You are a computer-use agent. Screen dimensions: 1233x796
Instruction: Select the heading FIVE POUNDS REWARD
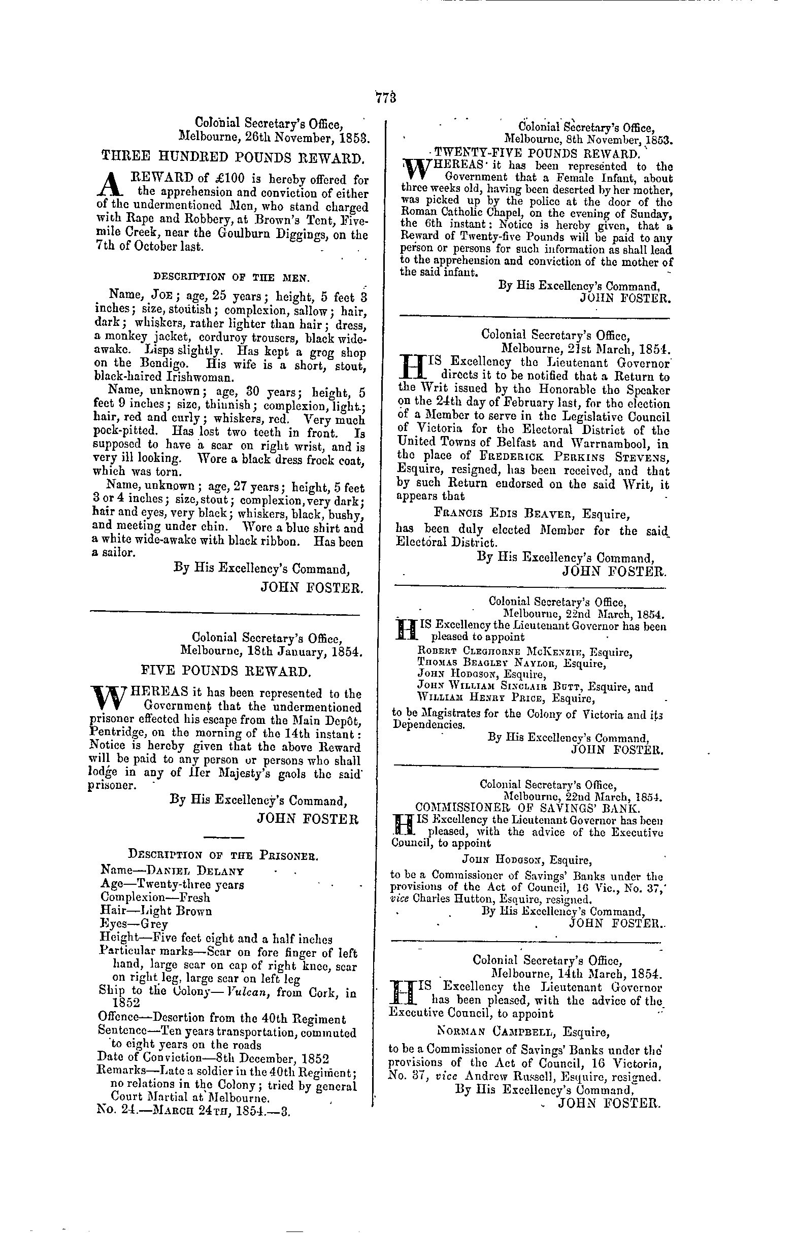click(x=226, y=672)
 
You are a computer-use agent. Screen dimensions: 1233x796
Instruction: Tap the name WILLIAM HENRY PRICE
click(x=478, y=698)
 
